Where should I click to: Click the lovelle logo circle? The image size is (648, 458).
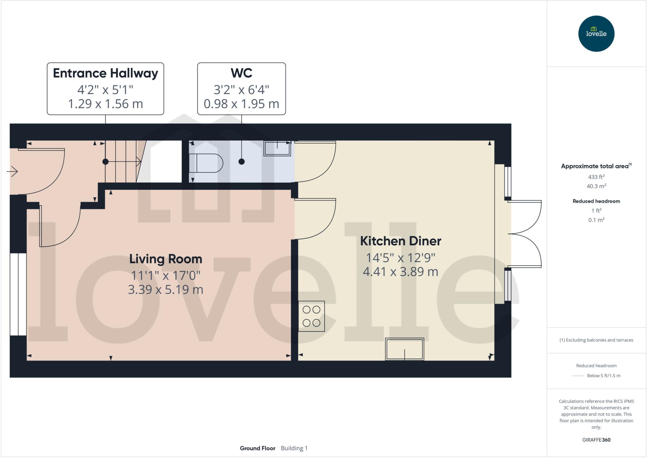(x=596, y=34)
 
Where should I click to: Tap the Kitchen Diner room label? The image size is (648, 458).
(x=401, y=241)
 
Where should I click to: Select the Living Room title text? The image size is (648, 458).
(x=165, y=259)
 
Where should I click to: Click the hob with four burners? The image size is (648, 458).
(x=311, y=316)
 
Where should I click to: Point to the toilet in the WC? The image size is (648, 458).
(x=206, y=163)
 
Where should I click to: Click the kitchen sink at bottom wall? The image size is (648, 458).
(x=404, y=349)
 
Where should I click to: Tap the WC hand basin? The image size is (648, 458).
(x=277, y=148)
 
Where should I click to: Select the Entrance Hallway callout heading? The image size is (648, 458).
(x=105, y=73)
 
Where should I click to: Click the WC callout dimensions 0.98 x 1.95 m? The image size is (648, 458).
(x=241, y=104)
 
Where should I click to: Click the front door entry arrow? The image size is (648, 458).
(x=12, y=172)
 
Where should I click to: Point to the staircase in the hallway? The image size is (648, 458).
(x=123, y=161)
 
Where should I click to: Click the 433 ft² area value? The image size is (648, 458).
(x=596, y=177)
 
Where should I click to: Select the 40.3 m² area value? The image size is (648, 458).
(x=596, y=186)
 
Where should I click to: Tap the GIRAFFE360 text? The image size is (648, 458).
(x=596, y=440)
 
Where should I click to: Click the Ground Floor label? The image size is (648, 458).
(x=257, y=448)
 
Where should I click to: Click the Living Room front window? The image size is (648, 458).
(x=18, y=294)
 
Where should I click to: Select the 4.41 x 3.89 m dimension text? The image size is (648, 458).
(x=400, y=272)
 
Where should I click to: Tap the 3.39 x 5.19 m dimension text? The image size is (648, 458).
(x=165, y=290)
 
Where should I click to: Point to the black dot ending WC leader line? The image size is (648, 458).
(x=241, y=162)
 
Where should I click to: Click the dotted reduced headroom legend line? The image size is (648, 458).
(x=578, y=376)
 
